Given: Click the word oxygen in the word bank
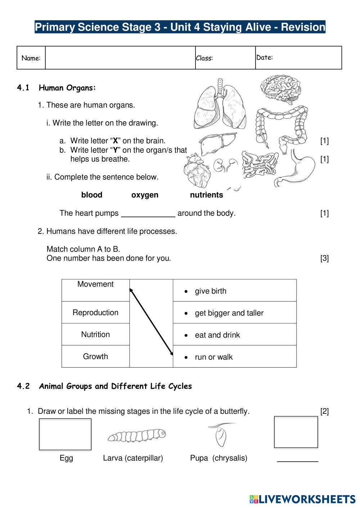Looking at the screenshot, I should point(145,195).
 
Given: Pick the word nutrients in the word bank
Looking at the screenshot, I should point(206,195).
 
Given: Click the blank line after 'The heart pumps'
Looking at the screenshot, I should point(148,214).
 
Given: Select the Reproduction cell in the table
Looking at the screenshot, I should point(95,313).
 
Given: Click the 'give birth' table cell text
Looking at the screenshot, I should point(211,291).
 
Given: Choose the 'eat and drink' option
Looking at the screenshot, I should point(217,335).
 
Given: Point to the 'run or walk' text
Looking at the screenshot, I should point(213,357).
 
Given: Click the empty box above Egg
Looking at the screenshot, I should point(65,434).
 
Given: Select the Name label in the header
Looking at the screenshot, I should point(31,58).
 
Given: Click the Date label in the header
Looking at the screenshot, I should point(265,57).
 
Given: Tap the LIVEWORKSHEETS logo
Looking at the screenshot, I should point(302,499).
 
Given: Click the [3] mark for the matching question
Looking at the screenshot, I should point(324,258).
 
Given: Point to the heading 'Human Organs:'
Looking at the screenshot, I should point(67,88).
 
